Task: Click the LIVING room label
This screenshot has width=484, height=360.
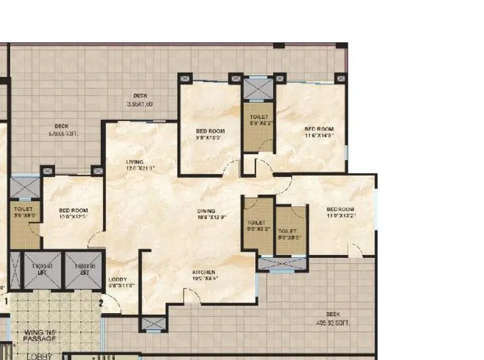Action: pyautogui.click(x=135, y=162)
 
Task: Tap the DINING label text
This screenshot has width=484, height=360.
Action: pyautogui.click(x=206, y=211)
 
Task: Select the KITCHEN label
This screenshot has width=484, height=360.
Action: pyautogui.click(x=204, y=272)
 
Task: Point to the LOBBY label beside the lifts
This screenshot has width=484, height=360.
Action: pyautogui.click(x=118, y=279)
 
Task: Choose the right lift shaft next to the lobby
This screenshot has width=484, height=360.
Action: pyautogui.click(x=83, y=270)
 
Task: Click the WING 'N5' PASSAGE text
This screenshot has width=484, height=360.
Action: pyautogui.click(x=40, y=335)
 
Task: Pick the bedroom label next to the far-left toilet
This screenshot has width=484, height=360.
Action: pyautogui.click(x=74, y=210)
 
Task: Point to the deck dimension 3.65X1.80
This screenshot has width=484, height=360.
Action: pyautogui.click(x=139, y=104)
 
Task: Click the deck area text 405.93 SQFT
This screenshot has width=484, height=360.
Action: pyautogui.click(x=332, y=323)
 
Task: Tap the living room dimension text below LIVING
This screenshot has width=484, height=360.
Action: pyautogui.click(x=140, y=168)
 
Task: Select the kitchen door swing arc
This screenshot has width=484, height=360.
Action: pyautogui.click(x=193, y=295)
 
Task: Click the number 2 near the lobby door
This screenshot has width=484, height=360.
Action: pyautogui.click(x=101, y=302)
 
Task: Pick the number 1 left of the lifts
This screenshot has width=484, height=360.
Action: pyautogui.click(x=6, y=300)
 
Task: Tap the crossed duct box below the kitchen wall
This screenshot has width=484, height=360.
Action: pyautogui.click(x=154, y=323)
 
